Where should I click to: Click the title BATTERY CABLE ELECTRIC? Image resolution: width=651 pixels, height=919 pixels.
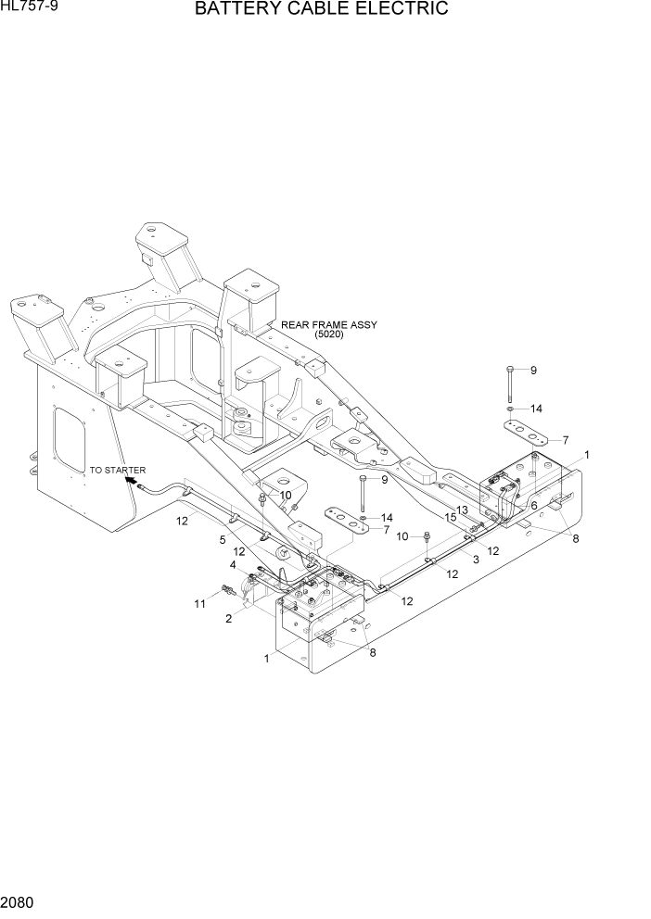[321, 9]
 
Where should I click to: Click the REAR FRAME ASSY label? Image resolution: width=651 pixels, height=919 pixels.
[324, 325]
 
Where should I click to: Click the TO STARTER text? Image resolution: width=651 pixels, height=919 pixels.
[118, 471]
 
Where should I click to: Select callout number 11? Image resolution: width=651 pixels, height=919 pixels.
[199, 604]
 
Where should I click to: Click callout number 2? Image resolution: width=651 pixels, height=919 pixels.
[228, 619]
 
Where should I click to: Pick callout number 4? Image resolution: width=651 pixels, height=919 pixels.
[233, 565]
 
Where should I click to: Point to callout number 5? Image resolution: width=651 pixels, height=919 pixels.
[223, 539]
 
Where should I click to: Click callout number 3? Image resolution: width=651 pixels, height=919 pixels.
[476, 560]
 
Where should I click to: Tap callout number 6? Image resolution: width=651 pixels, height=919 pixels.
[534, 505]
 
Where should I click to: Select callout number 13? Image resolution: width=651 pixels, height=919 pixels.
[462, 510]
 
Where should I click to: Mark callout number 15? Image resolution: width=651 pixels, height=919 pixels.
[450, 517]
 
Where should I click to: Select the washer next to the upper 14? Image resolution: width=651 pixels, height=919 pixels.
[510, 408]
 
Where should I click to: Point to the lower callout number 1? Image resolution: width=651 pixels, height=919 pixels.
[266, 659]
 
